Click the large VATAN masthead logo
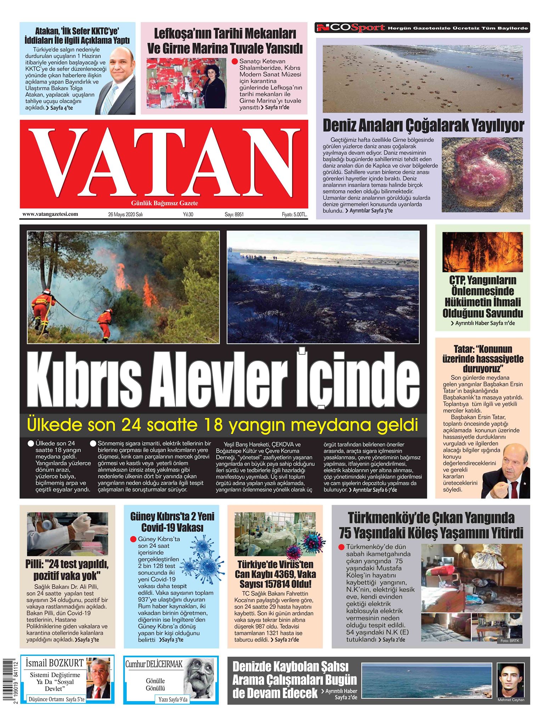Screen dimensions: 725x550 point(164,162)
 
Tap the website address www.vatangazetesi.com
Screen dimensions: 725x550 point(50,214)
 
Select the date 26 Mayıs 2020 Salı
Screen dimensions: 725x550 point(125,214)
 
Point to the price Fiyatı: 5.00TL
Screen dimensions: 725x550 point(294,214)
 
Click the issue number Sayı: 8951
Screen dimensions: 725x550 point(234,214)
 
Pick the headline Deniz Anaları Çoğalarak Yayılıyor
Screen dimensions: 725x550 point(423,125)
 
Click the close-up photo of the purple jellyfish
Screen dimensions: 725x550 point(482,175)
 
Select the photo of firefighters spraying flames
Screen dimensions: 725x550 point(123,287)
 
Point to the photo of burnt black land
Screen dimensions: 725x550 point(323,287)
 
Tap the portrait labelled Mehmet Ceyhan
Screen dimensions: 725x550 point(510,678)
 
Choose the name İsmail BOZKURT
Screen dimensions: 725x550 point(54,663)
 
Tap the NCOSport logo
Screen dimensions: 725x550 point(350,28)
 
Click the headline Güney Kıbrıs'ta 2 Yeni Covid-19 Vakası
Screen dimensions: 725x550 point(172,522)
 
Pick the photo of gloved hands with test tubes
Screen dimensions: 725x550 point(67,533)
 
